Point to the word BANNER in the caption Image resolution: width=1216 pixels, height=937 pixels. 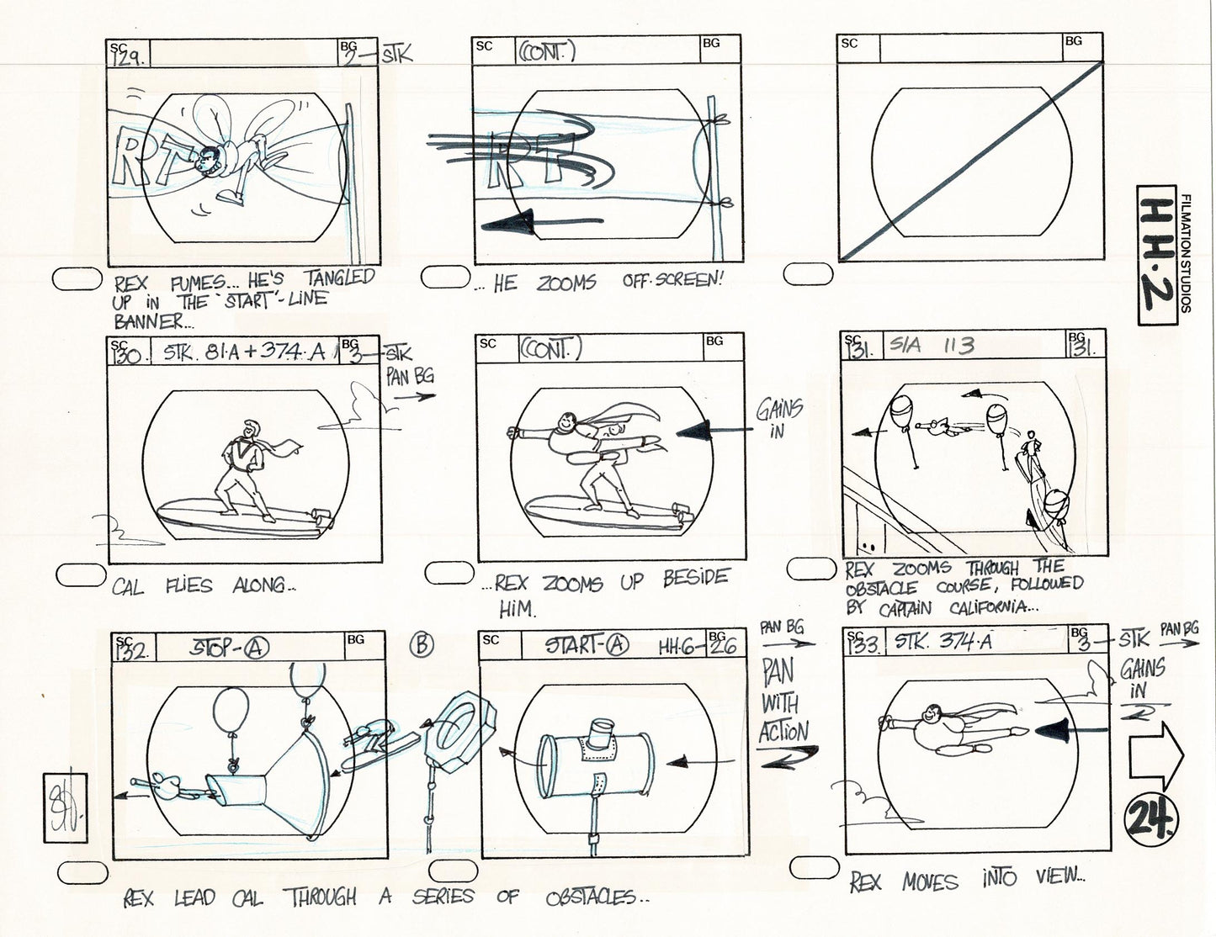[148, 321]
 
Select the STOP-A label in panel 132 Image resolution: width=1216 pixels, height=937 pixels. [228, 648]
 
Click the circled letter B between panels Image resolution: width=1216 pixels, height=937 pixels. [422, 645]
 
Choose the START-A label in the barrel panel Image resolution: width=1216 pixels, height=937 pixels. [587, 645]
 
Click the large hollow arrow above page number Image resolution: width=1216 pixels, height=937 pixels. [1155, 754]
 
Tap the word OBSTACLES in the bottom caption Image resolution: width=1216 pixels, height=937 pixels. [589, 897]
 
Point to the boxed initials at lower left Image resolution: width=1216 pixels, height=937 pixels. [66, 807]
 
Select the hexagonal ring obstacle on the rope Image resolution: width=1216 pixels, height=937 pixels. [454, 723]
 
